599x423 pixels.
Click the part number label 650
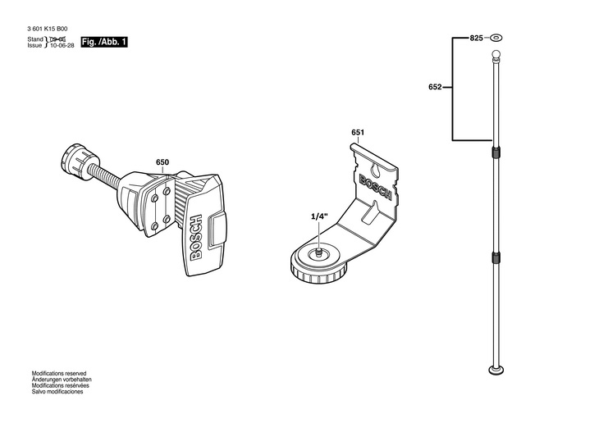pyautogui.click(x=162, y=162)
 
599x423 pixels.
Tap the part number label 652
pyautogui.click(x=436, y=86)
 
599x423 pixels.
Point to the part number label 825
pyautogui.click(x=477, y=39)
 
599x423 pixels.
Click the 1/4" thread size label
pyautogui.click(x=319, y=216)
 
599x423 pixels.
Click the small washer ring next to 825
pyautogui.click(x=496, y=39)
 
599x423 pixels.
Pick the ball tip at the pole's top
pyautogui.click(x=496, y=56)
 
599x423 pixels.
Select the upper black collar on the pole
pyautogui.click(x=496, y=152)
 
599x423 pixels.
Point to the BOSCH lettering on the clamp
pyautogui.click(x=195, y=238)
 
